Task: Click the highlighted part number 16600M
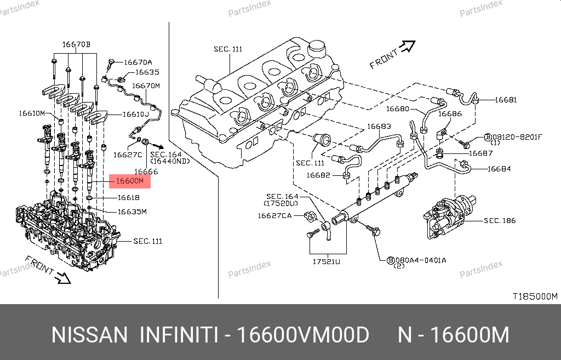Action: pyautogui.click(x=129, y=181)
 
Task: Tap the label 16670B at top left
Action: pyautogui.click(x=76, y=44)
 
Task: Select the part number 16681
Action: pyautogui.click(x=506, y=100)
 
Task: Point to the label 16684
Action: pyautogui.click(x=499, y=169)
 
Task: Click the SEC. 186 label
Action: pyautogui.click(x=499, y=221)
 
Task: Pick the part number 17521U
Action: pyautogui.click(x=327, y=262)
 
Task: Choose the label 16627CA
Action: pyautogui.click(x=275, y=215)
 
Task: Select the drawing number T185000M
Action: pyautogui.click(x=535, y=296)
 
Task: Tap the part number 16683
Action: pyautogui.click(x=379, y=127)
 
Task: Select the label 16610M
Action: pyautogui.click(x=31, y=113)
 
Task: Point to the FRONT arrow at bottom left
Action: pyautogui.click(x=64, y=277)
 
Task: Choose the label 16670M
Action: pyautogui.click(x=146, y=86)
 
